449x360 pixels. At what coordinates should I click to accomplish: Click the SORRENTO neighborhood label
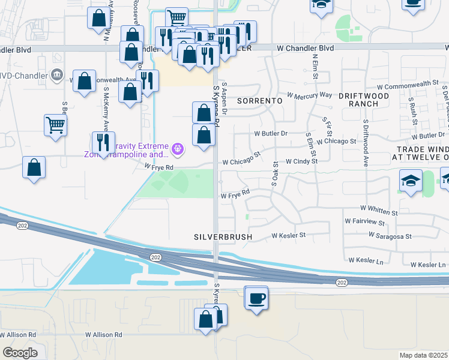[259, 101]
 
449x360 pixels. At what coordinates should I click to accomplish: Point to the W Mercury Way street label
[309, 95]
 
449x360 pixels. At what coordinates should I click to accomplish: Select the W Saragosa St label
[391, 237]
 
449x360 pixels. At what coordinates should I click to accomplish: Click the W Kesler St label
[289, 235]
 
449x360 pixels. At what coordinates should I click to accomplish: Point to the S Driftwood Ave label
[365, 143]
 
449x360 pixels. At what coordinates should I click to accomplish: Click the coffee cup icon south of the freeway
[257, 298]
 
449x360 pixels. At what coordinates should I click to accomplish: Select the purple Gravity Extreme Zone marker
[178, 148]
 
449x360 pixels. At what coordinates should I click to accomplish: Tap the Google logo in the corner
[20, 353]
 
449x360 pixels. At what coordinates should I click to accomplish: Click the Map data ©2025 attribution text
[423, 355]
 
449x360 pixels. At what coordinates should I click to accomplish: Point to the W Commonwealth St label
[414, 84]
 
